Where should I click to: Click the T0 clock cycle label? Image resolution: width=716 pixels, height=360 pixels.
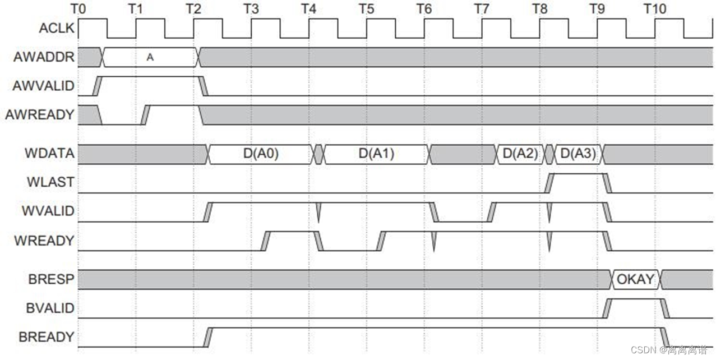tap(78, 9)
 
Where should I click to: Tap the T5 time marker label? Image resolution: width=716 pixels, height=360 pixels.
tap(367, 9)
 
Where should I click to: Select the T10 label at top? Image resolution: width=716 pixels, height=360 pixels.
tap(654, 9)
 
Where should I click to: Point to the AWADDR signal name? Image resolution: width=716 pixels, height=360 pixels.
tap(49, 57)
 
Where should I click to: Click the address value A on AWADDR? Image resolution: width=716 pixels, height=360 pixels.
tap(150, 57)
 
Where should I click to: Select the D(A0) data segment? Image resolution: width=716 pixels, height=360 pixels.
tap(261, 154)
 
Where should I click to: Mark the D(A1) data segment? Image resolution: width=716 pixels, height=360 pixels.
tap(376, 154)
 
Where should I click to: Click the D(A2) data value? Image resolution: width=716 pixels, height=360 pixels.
tap(520, 154)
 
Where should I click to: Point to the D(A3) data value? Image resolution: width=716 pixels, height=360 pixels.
tap(578, 154)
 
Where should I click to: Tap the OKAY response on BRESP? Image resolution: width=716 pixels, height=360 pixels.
tap(635, 279)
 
